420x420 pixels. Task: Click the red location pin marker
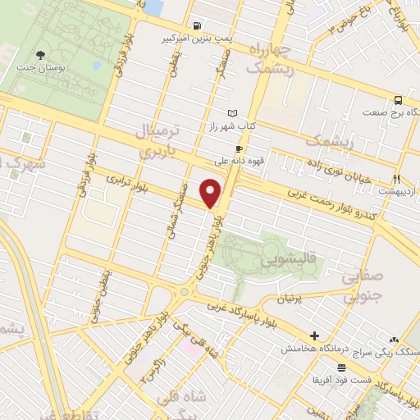(x=212, y=194)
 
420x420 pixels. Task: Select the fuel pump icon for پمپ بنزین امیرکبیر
(x=198, y=25)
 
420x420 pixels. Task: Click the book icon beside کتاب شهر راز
(x=232, y=113)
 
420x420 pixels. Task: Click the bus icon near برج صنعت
(x=398, y=99)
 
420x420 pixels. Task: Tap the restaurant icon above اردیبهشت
(x=397, y=178)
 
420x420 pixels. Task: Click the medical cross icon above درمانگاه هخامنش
(x=315, y=336)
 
